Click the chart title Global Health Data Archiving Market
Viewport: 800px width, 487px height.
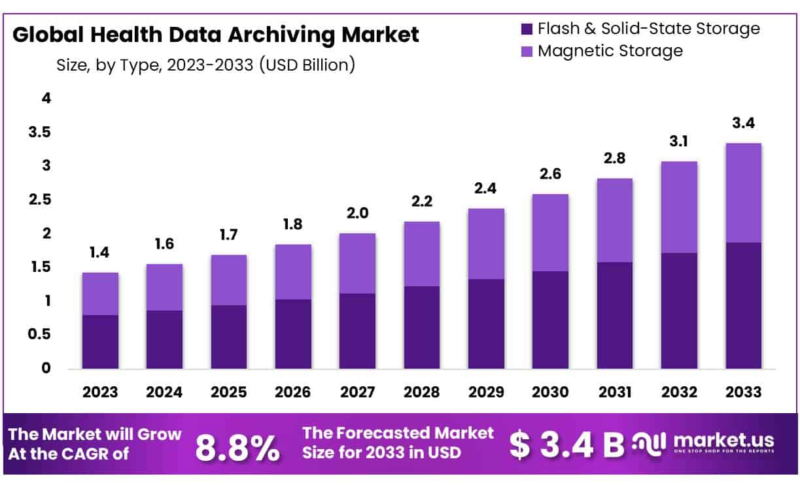click(216, 35)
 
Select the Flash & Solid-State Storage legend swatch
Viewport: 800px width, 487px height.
click(527, 29)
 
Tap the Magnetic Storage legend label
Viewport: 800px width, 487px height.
click(610, 51)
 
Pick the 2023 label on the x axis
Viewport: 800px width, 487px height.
click(100, 392)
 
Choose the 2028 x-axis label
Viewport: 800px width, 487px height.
click(422, 392)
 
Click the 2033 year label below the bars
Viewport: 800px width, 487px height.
click(744, 392)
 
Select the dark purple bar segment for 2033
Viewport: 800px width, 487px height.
click(744, 306)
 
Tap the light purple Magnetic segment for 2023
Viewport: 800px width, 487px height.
click(100, 294)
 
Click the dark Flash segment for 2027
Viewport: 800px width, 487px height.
click(358, 331)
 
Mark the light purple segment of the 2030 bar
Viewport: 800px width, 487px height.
click(551, 233)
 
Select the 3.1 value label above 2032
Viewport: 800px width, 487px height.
click(680, 142)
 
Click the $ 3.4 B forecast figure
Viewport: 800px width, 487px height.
click(566, 445)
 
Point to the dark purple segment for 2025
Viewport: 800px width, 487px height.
click(229, 337)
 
